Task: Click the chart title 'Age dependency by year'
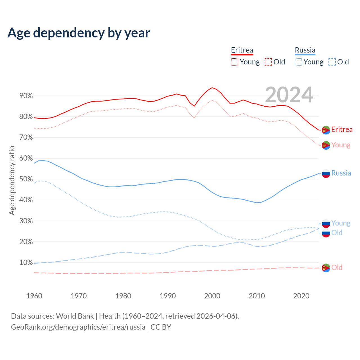[x=79, y=33]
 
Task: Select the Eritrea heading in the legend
[x=242, y=50]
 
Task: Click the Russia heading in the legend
[x=305, y=50]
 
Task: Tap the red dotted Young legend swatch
[x=234, y=62]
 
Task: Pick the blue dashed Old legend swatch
[x=332, y=62]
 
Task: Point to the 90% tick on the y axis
[x=26, y=96]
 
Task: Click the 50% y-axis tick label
[x=26, y=179]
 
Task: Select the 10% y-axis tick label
[x=26, y=263]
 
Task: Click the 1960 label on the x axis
[x=34, y=296]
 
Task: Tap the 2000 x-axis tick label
[x=212, y=296]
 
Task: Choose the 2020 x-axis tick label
[x=301, y=296]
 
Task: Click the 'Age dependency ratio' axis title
[x=12, y=180]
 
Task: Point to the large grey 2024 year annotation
[x=289, y=95]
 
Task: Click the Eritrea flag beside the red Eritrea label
[x=326, y=130]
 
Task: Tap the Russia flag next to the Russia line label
[x=326, y=174]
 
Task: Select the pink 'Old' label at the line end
[x=337, y=267]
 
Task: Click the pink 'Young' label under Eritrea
[x=341, y=145]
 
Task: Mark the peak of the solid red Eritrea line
[x=212, y=88]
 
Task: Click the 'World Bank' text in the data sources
[x=75, y=316]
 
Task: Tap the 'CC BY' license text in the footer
[x=161, y=327]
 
